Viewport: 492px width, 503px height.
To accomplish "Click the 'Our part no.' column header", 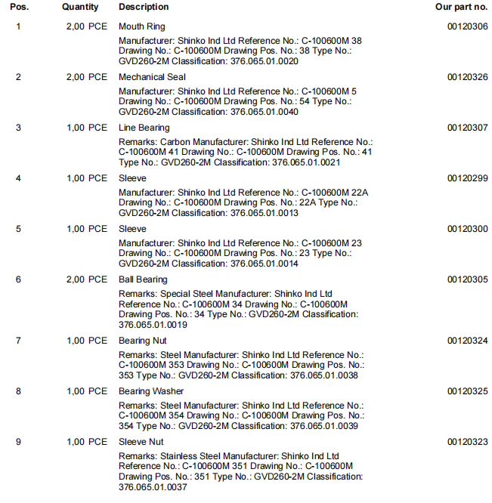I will [x=461, y=7].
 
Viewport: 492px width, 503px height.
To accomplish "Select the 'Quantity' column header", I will [x=80, y=7].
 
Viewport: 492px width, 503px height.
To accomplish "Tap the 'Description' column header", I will [x=144, y=7].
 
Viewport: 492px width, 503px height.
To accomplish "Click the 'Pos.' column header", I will [x=20, y=7].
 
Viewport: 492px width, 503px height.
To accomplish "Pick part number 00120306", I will [x=467, y=26].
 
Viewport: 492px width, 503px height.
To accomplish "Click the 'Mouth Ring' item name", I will [x=141, y=26].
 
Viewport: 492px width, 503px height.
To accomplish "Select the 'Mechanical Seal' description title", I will [x=152, y=77].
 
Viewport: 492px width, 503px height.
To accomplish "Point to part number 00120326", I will [x=467, y=77].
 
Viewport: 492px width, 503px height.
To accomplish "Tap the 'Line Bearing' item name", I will [x=144, y=128].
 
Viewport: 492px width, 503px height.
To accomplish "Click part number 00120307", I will [x=467, y=128].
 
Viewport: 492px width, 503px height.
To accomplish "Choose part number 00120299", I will [x=467, y=178].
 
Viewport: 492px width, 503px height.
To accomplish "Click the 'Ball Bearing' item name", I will [x=143, y=279].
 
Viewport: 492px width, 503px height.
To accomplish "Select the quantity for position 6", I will [x=86, y=279].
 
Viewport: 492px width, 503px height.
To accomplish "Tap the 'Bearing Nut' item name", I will [x=142, y=341].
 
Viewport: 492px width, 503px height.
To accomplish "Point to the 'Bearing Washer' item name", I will [x=151, y=391].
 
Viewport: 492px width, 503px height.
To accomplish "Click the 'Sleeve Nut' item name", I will [x=141, y=442].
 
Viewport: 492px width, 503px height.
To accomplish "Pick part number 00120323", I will [x=467, y=442].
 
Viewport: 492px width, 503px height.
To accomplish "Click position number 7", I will [x=19, y=341].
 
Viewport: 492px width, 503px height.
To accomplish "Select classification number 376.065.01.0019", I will [x=151, y=325].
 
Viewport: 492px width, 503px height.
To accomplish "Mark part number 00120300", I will [x=467, y=229].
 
